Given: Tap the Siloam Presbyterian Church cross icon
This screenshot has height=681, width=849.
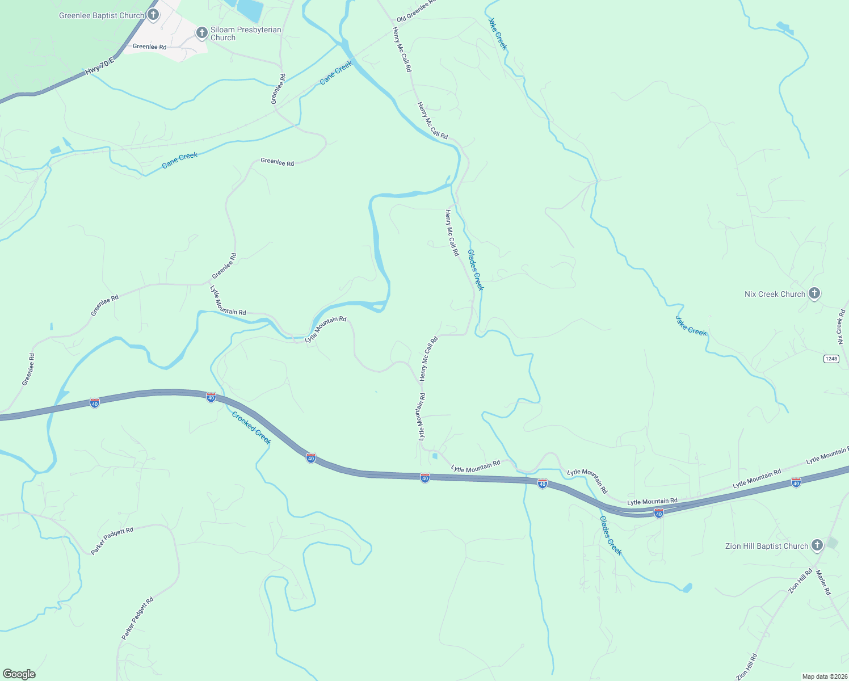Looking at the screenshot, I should tap(201, 33).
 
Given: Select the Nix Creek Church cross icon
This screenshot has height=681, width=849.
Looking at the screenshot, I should tap(814, 293).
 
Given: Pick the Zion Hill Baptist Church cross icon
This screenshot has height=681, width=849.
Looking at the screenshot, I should tap(817, 545).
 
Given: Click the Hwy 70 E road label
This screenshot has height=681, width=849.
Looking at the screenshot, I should tap(99, 66).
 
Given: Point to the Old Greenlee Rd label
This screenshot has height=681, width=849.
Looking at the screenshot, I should tap(416, 10).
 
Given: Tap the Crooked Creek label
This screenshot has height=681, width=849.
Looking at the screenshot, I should tap(251, 428).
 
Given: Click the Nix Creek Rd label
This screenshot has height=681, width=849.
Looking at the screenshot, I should tap(841, 327).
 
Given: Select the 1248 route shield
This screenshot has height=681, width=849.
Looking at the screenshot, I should tap(831, 359).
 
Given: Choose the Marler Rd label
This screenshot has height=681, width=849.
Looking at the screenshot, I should tap(823, 582).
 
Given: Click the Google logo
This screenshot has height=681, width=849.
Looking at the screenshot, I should tap(19, 674).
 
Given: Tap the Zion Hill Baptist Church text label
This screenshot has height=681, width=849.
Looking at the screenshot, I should tap(766, 546).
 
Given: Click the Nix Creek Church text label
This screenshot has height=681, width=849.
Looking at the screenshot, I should tap(775, 294).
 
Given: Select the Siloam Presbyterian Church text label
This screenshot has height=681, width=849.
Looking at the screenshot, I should tap(246, 33).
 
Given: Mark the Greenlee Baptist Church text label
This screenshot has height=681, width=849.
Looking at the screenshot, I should tap(101, 15).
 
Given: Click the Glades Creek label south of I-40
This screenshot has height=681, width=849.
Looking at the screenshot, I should tap(611, 535).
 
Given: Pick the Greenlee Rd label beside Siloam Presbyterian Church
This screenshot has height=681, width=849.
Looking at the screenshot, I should tap(149, 47).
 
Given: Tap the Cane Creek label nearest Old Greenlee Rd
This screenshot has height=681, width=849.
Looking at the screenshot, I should tap(336, 73).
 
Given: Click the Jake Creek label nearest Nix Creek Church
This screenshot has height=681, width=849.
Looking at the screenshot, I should tap(691, 326).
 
